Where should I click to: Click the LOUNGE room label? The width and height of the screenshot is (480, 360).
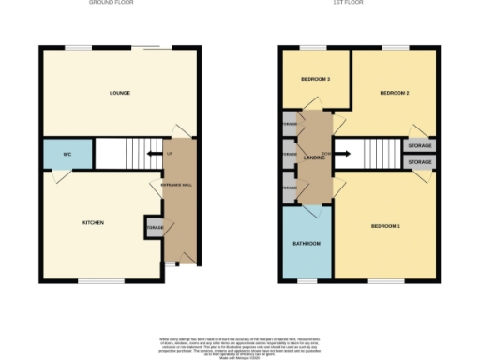pyautogui.click(x=119, y=93)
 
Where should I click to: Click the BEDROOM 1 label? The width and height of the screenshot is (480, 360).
pyautogui.click(x=385, y=226)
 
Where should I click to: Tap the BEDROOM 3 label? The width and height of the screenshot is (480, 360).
pyautogui.click(x=315, y=79)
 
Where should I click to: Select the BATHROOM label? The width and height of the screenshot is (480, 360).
pyautogui.click(x=307, y=244)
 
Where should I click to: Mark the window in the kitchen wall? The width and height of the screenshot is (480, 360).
pyautogui.click(x=101, y=280)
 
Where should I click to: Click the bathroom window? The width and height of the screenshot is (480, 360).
pyautogui.click(x=307, y=280)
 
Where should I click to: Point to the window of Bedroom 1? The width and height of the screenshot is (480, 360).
pyautogui.click(x=379, y=280)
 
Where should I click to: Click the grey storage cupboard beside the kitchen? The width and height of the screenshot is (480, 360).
pyautogui.click(x=153, y=227)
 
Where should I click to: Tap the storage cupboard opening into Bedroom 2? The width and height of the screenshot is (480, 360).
pyautogui.click(x=419, y=145)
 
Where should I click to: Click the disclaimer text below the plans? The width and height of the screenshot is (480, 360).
pyautogui.click(x=239, y=344)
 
